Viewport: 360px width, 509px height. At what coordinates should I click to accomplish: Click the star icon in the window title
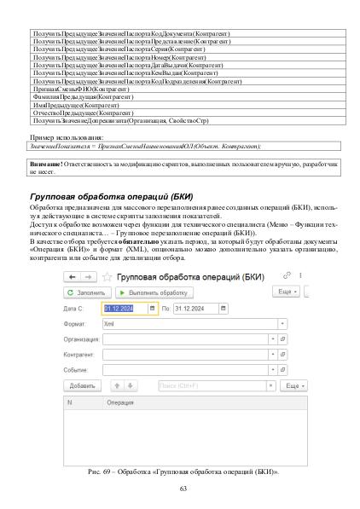[107, 299]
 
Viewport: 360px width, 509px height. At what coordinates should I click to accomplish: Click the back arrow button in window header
[71, 299]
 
